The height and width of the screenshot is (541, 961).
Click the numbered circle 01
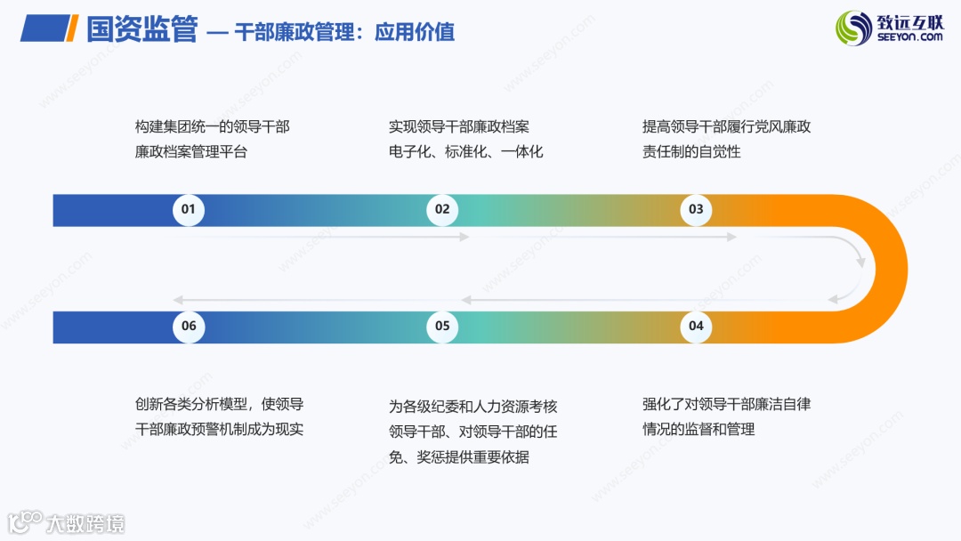pos(188,210)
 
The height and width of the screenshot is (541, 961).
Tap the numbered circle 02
pos(442,210)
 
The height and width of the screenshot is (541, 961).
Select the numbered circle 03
pos(696,210)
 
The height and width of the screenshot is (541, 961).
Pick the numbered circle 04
pos(696,326)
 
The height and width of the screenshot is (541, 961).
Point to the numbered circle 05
pos(442,326)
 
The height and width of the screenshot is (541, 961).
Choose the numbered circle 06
pos(189,326)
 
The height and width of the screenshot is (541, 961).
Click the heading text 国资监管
pos(141,30)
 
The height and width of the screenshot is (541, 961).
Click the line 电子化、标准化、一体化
pos(465,151)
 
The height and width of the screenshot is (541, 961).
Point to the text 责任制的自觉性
pos(691,151)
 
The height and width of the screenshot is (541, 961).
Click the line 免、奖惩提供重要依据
pos(459,457)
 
